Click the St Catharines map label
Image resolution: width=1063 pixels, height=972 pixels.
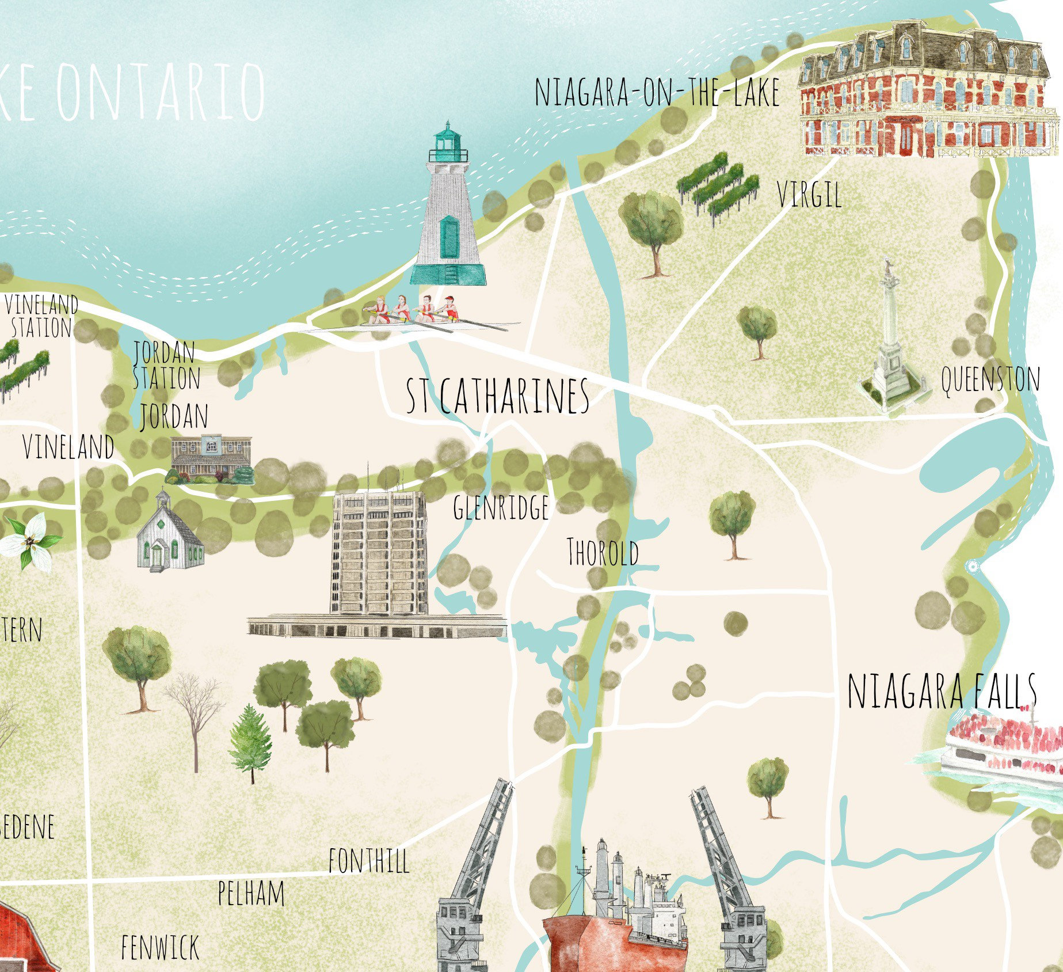(498, 396)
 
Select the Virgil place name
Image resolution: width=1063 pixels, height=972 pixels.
(809, 195)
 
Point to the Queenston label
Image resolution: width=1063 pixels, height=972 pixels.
(990, 380)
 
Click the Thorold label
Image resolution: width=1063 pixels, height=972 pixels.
(603, 552)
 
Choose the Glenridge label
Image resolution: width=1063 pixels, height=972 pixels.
(501, 507)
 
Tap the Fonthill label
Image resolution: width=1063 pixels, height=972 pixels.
(369, 861)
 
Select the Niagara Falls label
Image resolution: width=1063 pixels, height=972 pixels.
(942, 691)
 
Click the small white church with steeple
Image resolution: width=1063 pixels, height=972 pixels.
(169, 533)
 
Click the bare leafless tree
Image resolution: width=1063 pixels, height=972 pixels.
(195, 714)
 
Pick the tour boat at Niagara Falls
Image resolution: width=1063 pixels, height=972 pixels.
(1004, 749)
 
